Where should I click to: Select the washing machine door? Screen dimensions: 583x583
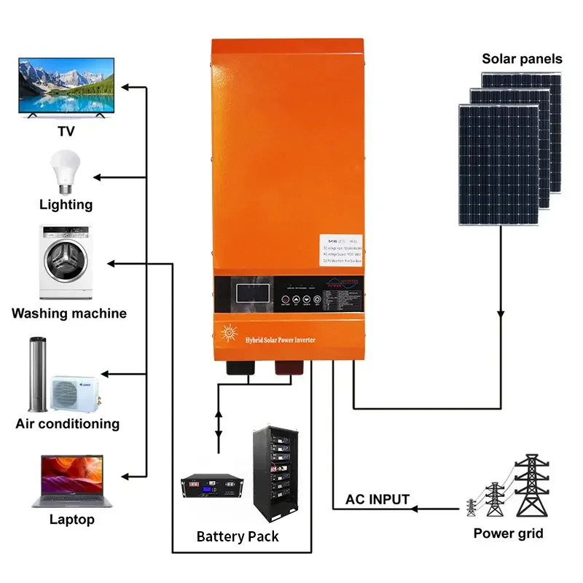point(67,267)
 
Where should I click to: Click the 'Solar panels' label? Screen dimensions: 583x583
point(522,58)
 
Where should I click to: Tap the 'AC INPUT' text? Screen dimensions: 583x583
point(377,499)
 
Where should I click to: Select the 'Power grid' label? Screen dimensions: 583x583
point(508,533)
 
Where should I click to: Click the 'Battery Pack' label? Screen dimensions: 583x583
point(237,537)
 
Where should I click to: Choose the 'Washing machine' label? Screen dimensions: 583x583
point(69,313)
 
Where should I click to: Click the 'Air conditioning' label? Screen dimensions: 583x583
point(67,423)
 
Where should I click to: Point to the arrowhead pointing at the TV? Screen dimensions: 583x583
point(125,87)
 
